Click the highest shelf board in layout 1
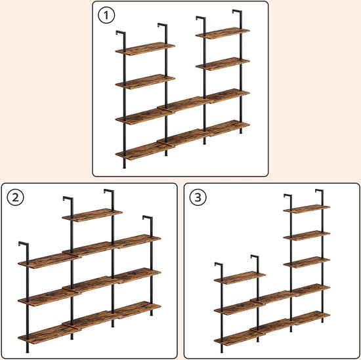coord(223,33)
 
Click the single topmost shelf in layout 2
coord(93,214)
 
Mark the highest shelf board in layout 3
coord(307,209)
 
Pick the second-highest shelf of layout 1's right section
coord(223,64)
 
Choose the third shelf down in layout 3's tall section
coord(307,262)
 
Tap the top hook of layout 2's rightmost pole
coord(147,218)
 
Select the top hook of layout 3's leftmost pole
coord(218,266)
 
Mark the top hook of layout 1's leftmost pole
coord(119,33)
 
